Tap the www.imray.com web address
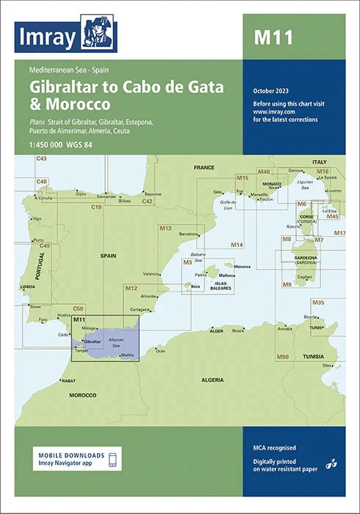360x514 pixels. pos(267,111)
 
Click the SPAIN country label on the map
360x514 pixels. pos(109,256)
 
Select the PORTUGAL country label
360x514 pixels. pos(40,262)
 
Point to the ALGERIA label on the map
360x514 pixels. pos(212,380)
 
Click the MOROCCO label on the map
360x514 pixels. pos(82,395)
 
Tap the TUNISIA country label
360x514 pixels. pos(314,356)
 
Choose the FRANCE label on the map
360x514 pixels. pos(204,168)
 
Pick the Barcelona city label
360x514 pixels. pos(188,234)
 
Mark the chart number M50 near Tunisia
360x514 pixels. pos(282,356)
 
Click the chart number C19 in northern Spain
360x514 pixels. pos(96,209)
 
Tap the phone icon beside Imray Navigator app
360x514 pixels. pos(112,460)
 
